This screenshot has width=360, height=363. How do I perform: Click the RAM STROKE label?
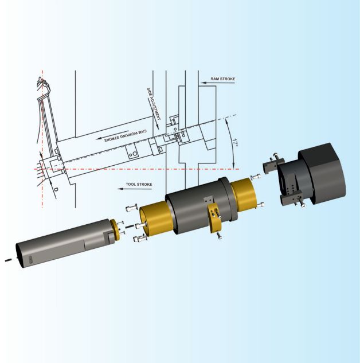coord(222,79)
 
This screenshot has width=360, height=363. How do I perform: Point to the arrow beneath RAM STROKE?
coord(217,83)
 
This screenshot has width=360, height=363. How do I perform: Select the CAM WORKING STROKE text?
coord(125,136)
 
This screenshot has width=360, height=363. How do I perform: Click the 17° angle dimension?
coord(235,142)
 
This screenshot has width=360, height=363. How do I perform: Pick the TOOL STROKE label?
coord(139,184)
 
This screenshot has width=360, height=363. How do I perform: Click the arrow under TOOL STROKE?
coord(135,189)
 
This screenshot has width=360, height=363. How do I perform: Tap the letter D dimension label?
coord(56,189)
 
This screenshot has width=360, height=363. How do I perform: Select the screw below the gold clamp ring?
coord(220,236)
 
